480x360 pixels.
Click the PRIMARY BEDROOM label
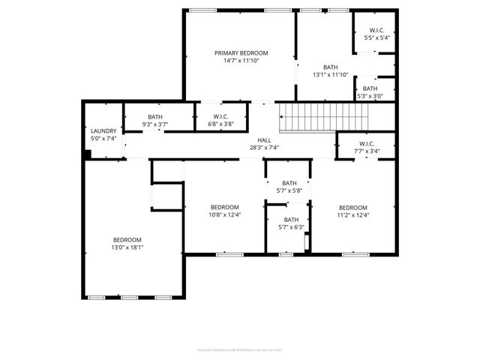[241, 52]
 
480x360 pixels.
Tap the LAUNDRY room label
[103, 130]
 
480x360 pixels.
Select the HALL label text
[264, 139]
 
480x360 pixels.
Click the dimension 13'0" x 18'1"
[127, 247]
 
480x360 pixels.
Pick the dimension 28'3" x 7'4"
[264, 148]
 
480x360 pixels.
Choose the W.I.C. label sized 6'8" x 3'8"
[220, 116]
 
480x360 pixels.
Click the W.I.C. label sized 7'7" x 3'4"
[367, 143]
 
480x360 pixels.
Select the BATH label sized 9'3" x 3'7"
[155, 116]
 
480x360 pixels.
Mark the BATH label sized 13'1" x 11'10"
[331, 66]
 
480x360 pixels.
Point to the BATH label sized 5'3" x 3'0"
[370, 88]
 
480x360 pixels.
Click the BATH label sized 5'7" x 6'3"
[290, 219]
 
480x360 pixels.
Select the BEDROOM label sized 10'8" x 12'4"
[224, 207]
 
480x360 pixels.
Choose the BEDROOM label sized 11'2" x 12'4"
[352, 207]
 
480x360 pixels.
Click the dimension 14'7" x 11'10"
[241, 61]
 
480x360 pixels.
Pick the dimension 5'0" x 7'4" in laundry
[103, 139]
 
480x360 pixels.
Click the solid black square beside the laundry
[88, 154]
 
